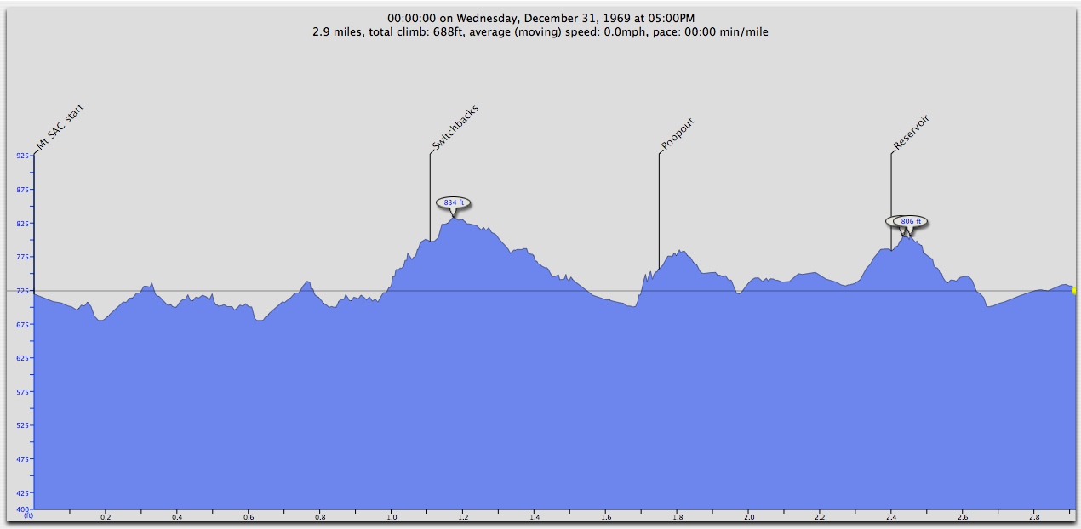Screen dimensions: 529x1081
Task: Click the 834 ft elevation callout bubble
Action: click(453, 202)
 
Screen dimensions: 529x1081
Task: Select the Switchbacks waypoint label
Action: click(455, 128)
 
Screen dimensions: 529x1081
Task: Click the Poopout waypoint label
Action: click(678, 134)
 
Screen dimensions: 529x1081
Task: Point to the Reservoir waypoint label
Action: click(911, 133)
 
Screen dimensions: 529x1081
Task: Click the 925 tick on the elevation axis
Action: click(23, 156)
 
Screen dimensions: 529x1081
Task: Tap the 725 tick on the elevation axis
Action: click(23, 291)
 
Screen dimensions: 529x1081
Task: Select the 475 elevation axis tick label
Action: click(23, 459)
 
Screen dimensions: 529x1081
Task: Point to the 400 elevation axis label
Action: click(23, 509)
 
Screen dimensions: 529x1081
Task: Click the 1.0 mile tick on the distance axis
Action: click(392, 516)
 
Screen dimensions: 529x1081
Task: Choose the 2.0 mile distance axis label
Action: click(749, 516)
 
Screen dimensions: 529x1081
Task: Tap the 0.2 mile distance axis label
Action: click(106, 516)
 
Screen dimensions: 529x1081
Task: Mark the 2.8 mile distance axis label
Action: click(1034, 516)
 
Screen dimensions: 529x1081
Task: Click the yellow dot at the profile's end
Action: click(1074, 291)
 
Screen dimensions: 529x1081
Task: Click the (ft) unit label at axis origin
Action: click(28, 516)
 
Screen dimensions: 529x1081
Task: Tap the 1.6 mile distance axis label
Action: click(606, 516)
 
